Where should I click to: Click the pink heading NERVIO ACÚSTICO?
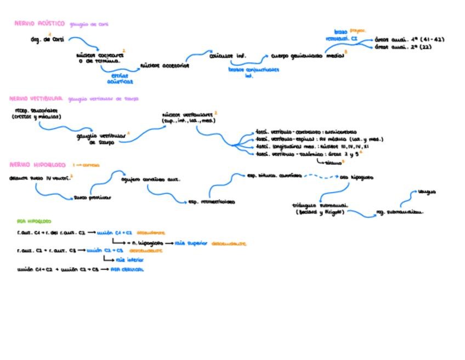click(39, 24)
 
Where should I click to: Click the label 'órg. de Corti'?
click(47, 40)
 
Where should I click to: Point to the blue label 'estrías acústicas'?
click(120, 78)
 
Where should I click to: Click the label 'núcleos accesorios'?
click(165, 65)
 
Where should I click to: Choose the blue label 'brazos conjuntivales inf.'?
click(253, 72)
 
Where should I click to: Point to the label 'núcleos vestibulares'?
click(188, 117)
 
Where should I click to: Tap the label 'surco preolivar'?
click(93, 198)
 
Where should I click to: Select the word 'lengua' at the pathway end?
click(427, 192)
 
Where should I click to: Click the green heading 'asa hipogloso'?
click(35, 222)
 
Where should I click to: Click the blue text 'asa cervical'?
click(127, 269)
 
